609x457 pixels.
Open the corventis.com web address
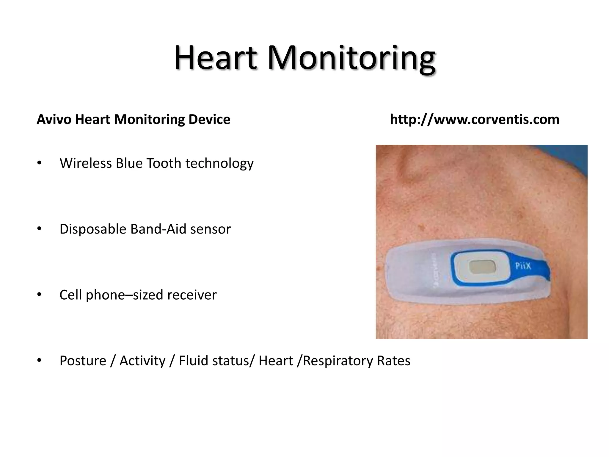[x=474, y=119]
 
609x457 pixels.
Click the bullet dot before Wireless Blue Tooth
[x=39, y=163]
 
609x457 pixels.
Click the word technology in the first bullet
[x=219, y=164]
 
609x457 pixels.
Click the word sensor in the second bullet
[x=211, y=229]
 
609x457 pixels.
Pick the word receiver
[x=192, y=295]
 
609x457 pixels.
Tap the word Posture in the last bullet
[x=83, y=361]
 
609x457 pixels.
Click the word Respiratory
[x=338, y=361]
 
